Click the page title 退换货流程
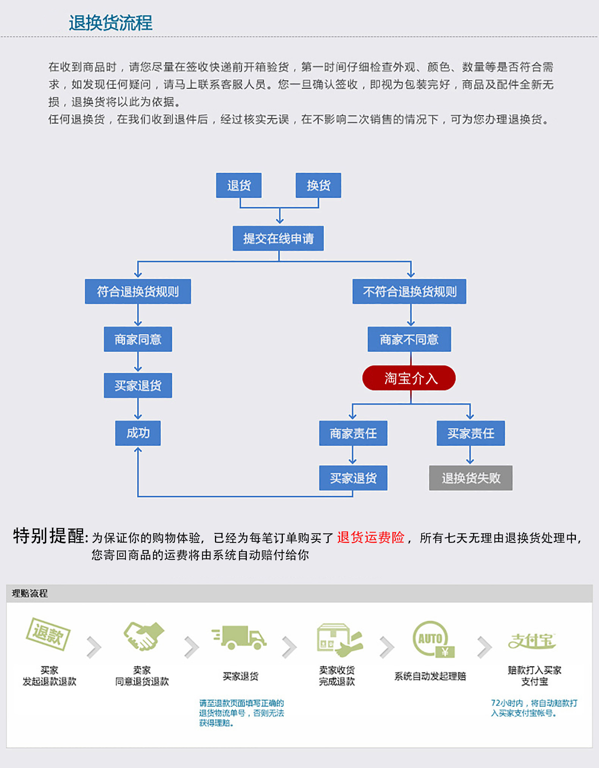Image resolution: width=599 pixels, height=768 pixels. [110, 23]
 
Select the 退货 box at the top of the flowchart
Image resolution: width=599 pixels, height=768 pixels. [239, 185]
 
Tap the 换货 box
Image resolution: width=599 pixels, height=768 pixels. [318, 185]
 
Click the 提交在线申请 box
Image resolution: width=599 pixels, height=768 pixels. [278, 238]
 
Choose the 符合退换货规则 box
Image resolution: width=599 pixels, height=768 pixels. [138, 292]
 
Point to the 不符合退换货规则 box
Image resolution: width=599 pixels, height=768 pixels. [409, 292]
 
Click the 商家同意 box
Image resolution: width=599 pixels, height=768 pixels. [138, 339]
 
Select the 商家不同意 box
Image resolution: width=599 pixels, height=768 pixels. [409, 339]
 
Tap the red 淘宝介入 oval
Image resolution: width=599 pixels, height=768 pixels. [409, 378]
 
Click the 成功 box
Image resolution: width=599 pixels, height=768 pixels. [138, 433]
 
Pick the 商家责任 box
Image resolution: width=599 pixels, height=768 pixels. [353, 433]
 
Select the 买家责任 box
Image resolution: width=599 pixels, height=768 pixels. [471, 433]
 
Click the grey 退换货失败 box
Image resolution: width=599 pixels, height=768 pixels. [471, 478]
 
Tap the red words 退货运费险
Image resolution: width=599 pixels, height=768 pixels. [371, 538]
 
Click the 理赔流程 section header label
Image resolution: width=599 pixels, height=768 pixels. [30, 593]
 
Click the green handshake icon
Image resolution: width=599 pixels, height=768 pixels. [143, 636]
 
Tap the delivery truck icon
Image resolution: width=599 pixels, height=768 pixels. [239, 638]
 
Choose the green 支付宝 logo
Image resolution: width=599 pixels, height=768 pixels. [532, 641]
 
